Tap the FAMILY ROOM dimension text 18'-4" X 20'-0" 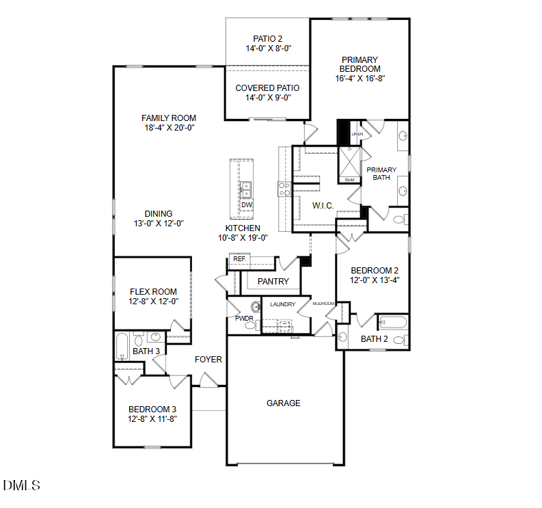pyautogui.click(x=168, y=128)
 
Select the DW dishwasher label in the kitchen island pyautogui.click(x=247, y=204)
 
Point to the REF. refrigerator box pyautogui.click(x=240, y=259)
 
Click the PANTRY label pyautogui.click(x=273, y=282)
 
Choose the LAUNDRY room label pyautogui.click(x=282, y=304)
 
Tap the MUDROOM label pyautogui.click(x=323, y=303)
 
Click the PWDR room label pyautogui.click(x=244, y=318)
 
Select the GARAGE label pyautogui.click(x=283, y=403)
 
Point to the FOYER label pyautogui.click(x=208, y=360)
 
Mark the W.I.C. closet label pyautogui.click(x=323, y=206)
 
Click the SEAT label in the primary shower pyautogui.click(x=349, y=180)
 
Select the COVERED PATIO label pyautogui.click(x=267, y=88)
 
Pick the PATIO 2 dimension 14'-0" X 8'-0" pyautogui.click(x=267, y=49)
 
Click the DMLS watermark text pyautogui.click(x=21, y=485)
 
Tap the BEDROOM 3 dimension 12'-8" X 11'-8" pyautogui.click(x=152, y=418)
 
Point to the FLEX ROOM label pyautogui.click(x=153, y=291)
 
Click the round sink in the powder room pyautogui.click(x=256, y=307)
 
